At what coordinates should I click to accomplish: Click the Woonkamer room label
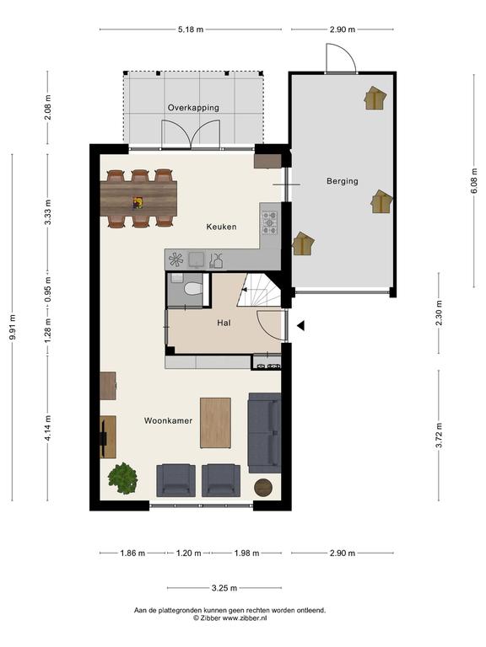pos(168,421)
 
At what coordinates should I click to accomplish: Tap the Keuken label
pos(222,227)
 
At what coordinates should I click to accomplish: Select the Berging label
pos(343,181)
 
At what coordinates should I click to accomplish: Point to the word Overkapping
pos(193,108)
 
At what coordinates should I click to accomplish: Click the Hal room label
pos(224,323)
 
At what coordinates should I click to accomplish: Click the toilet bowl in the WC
pos(193,288)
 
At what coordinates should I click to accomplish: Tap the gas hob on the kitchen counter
pos(270,222)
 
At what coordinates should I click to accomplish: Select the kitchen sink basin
pos(197,259)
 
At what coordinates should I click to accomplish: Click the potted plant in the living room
pos(122,479)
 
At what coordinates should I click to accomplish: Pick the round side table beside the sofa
pos(263,488)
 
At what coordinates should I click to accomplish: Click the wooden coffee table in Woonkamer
pos(215,423)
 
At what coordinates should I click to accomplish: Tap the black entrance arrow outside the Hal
pos(301,326)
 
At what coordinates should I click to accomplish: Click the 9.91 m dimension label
pos(13,328)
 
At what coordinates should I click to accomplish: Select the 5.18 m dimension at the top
pos(191,29)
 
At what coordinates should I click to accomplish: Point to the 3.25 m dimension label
pos(224,588)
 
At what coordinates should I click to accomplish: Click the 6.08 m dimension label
pos(474,181)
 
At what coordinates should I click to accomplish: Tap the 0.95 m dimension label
pos(48,288)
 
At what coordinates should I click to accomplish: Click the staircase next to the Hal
pos(259,290)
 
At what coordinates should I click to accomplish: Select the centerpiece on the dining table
pos(138,203)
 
